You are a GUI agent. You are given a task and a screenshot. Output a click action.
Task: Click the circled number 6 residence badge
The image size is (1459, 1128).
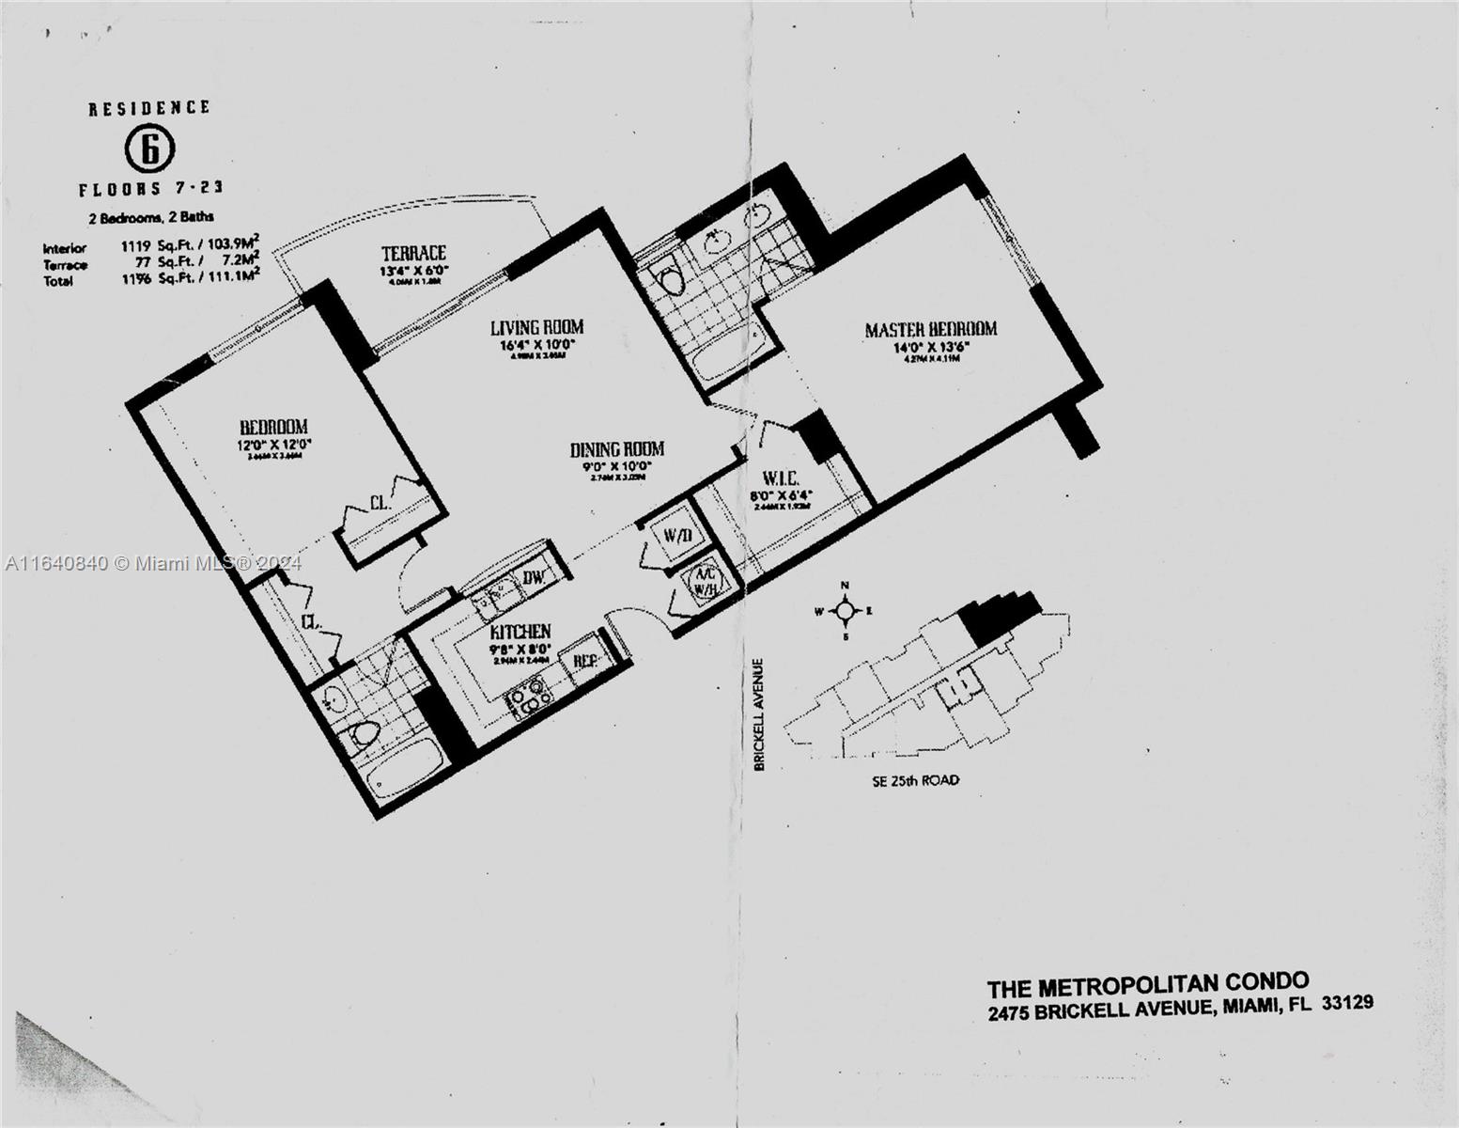[x=149, y=148]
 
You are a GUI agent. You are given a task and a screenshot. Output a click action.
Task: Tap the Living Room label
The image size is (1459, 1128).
[x=536, y=327]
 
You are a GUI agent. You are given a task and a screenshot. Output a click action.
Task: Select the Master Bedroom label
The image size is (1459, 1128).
[x=930, y=329]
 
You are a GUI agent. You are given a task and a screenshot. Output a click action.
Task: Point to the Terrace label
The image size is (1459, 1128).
[x=413, y=253]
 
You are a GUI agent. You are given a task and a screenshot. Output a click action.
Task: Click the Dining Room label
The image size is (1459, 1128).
[x=617, y=449]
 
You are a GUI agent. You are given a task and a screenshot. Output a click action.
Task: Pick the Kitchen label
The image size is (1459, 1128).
[x=520, y=632]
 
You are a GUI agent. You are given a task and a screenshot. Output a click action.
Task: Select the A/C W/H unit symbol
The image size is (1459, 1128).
[x=705, y=581]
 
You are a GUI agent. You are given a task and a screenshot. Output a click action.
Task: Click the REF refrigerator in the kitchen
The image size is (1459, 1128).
[x=586, y=661]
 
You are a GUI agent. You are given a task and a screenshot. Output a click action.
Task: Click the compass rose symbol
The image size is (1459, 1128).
[x=845, y=612]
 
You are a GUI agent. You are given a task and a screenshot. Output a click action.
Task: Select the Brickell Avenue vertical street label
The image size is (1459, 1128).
[x=760, y=714]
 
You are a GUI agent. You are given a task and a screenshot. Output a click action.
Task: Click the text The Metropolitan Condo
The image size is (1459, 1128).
[x=1147, y=985]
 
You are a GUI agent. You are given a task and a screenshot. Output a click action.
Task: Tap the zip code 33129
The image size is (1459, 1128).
[x=1347, y=1004]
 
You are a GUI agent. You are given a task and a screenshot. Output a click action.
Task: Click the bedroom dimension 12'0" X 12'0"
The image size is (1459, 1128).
[x=273, y=444]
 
